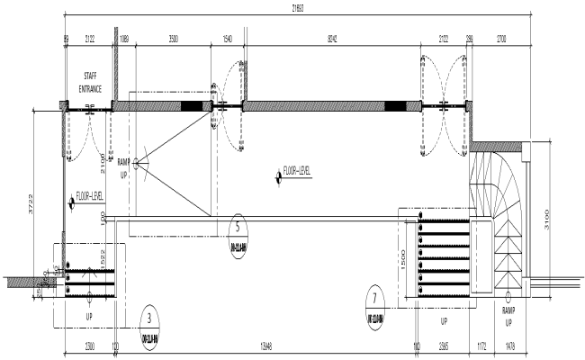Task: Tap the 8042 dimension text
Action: click(333, 40)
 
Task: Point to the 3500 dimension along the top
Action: click(177, 40)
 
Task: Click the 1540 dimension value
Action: click(227, 40)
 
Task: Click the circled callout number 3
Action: click(148, 317)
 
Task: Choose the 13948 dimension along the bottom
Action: click(265, 345)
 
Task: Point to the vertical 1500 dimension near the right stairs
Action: click(404, 256)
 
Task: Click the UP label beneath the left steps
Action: click(89, 317)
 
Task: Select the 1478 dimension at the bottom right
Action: click(510, 345)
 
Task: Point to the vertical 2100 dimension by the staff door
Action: click(103, 165)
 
